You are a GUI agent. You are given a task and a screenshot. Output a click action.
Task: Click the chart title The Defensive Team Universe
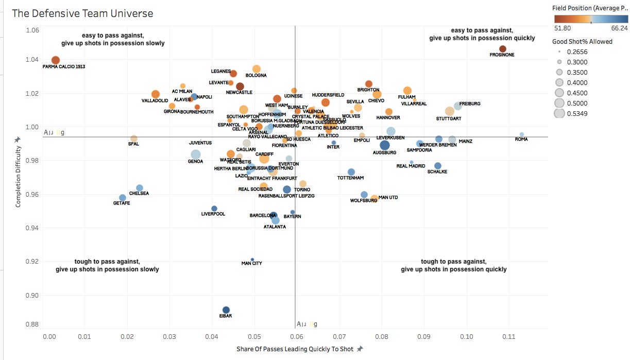82,13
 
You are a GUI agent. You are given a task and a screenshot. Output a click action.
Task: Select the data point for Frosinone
503,49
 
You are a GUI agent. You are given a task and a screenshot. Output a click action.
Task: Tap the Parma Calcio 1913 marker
56,60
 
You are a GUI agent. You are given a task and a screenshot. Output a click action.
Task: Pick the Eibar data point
226,310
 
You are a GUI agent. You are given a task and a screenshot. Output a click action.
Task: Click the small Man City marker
252,260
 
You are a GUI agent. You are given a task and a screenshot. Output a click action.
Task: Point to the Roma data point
522,134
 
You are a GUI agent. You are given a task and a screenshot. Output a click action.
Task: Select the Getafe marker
123,198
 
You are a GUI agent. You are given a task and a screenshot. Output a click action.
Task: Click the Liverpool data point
214,209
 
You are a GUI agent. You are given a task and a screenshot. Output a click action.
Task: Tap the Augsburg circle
385,145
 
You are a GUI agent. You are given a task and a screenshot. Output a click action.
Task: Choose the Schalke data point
438,166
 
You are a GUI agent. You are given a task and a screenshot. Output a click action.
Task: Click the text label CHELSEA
139,194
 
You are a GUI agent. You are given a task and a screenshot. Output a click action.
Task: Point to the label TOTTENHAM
350,178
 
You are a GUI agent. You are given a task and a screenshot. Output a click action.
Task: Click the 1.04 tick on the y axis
32,60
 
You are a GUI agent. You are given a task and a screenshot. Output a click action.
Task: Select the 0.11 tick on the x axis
508,337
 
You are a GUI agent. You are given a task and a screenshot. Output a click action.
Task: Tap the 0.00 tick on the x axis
49,337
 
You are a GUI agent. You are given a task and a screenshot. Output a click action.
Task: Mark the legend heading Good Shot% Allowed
582,41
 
